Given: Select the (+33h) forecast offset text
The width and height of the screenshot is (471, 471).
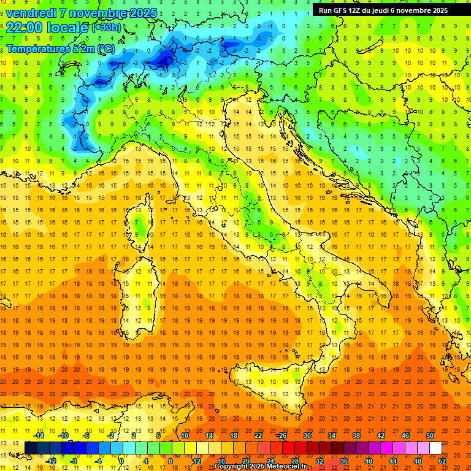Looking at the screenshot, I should (106, 28).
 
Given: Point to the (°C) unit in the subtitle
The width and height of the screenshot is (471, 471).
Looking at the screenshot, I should (105, 48).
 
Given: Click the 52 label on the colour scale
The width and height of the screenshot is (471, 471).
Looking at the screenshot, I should (443, 461).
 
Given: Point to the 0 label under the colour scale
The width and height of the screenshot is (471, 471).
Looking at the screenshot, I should (121, 461).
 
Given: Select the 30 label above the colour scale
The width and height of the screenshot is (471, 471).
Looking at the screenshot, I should (307, 435).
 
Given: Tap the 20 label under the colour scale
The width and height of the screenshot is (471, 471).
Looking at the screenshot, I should (245, 461).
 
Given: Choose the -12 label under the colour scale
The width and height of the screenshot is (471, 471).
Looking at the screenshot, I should (52, 461).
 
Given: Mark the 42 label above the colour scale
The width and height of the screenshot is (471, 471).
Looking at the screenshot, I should (380, 435).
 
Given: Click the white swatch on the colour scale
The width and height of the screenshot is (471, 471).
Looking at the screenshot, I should (435, 448).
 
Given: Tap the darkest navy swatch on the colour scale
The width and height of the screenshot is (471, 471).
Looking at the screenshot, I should (31, 448).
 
